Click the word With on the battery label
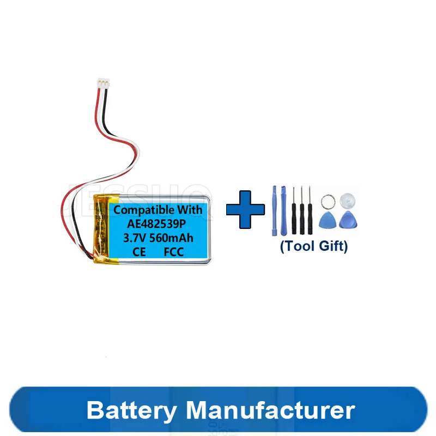click(190, 210)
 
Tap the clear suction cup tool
click(347, 200)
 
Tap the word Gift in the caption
click(332, 246)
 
